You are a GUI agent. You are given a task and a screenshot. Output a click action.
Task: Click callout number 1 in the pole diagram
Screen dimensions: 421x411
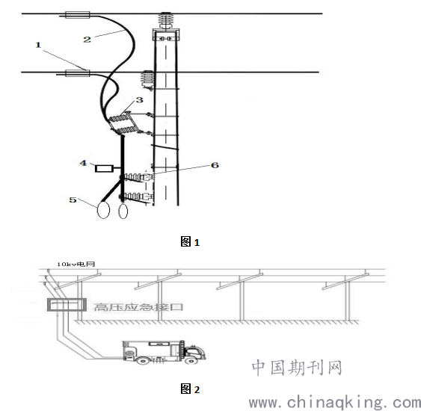[x=38, y=45]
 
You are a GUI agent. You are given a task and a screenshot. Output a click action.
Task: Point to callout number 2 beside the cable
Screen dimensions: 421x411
[x=87, y=40]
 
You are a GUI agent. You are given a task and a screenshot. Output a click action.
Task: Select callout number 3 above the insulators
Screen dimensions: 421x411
[x=139, y=100]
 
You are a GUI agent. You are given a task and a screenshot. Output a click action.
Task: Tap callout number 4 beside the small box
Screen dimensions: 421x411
[x=83, y=163]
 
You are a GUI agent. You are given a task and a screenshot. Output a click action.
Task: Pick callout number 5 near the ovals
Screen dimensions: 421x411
[x=73, y=200]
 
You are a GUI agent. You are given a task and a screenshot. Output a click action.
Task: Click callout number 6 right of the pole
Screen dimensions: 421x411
[x=215, y=165]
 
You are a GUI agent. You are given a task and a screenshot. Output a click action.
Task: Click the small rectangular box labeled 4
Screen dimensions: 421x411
[x=104, y=169]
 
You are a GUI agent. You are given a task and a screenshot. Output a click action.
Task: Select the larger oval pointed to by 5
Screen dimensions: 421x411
[x=103, y=210]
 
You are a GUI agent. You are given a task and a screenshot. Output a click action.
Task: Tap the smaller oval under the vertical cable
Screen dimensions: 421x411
[x=123, y=211]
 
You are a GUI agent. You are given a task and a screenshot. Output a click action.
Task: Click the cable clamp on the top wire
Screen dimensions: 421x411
[x=78, y=15]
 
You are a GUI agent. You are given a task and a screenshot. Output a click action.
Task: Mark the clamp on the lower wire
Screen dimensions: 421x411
[x=78, y=73]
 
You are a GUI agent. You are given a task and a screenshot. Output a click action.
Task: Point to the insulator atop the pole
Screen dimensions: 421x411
[x=166, y=20]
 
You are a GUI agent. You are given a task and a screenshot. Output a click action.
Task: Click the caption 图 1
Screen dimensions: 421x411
[x=190, y=241]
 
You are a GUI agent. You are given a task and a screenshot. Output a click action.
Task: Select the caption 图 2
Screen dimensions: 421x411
[x=190, y=389]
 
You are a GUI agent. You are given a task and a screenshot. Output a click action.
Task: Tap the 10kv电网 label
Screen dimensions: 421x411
[x=76, y=265]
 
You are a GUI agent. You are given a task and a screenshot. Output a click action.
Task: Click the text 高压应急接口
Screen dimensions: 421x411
[x=138, y=307]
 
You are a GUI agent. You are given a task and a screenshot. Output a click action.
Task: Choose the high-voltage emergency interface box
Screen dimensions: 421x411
[x=67, y=305]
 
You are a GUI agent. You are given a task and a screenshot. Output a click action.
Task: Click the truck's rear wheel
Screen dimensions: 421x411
[x=143, y=360]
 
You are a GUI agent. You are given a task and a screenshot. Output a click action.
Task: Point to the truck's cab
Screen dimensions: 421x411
[x=195, y=353]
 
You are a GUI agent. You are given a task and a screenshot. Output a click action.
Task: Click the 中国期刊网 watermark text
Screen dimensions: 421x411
[x=297, y=368]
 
